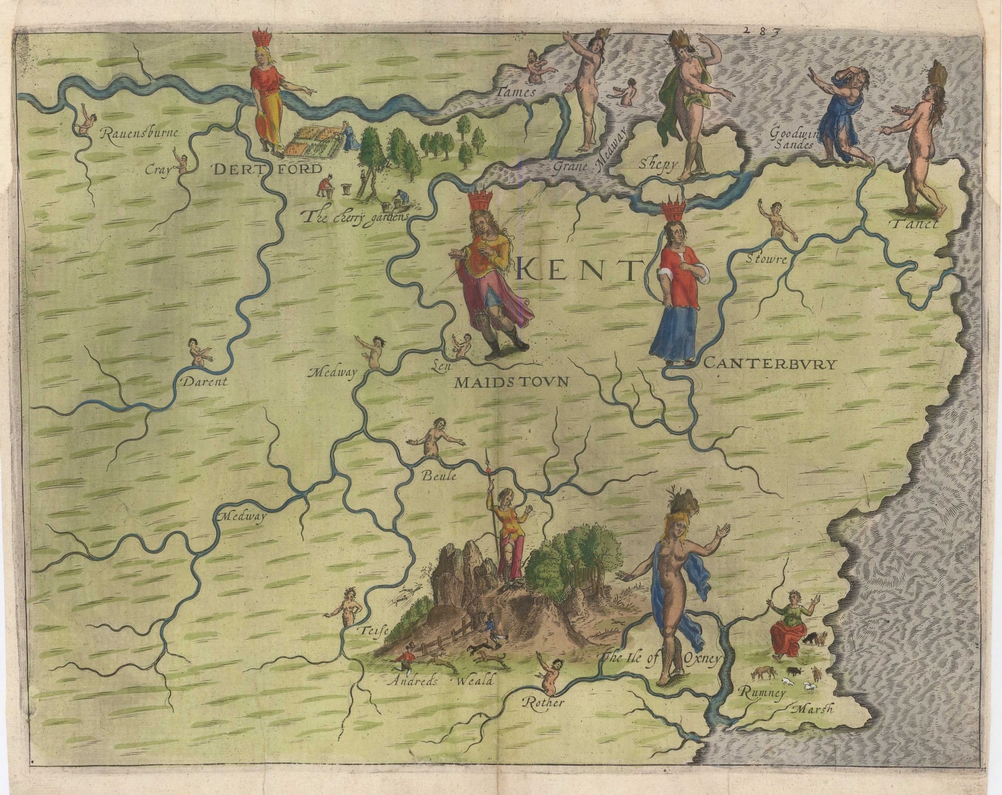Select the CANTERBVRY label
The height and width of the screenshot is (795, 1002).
[x=770, y=363]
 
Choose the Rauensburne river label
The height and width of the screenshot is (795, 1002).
[x=139, y=133]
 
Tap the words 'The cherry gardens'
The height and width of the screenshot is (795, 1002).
[x=354, y=217]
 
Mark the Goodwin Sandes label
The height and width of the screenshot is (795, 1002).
[x=794, y=138]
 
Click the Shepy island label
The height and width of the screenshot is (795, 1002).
[x=658, y=165]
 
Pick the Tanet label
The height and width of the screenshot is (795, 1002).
[x=916, y=224]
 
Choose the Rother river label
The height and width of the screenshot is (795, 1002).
[x=544, y=702]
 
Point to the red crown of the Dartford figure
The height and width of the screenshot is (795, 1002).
[x=262, y=38]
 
